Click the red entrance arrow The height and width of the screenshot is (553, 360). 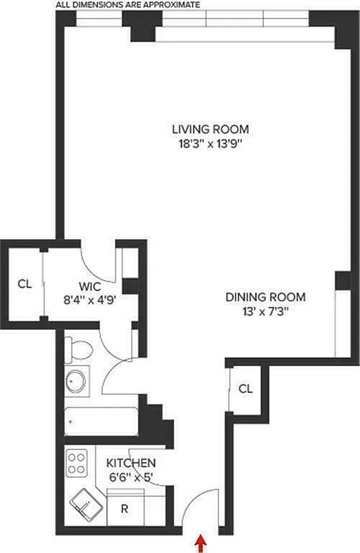pos(201,544)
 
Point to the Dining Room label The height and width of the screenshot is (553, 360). pos(266,297)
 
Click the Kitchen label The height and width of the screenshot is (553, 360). pos(131,462)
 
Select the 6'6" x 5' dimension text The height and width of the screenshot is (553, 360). pos(131,476)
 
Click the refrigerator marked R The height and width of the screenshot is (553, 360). pos(125,508)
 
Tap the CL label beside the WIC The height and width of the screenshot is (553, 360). pos(25,283)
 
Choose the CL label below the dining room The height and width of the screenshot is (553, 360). pos(245,388)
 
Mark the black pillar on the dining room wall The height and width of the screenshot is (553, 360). pos(341,281)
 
